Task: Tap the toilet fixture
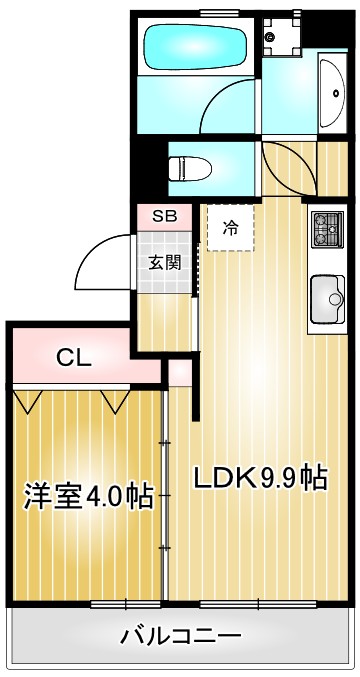tap(191, 166)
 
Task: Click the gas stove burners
tap(326, 232)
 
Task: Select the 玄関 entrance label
tap(165, 263)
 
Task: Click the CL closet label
tap(73, 357)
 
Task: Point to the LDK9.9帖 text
tap(260, 478)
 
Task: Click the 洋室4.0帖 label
tap(88, 496)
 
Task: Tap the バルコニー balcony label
tap(181, 635)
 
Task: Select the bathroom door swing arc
tap(232, 104)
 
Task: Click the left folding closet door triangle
tap(29, 399)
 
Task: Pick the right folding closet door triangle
tap(115, 399)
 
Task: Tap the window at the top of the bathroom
tap(212, 11)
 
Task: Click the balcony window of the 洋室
tap(110, 604)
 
